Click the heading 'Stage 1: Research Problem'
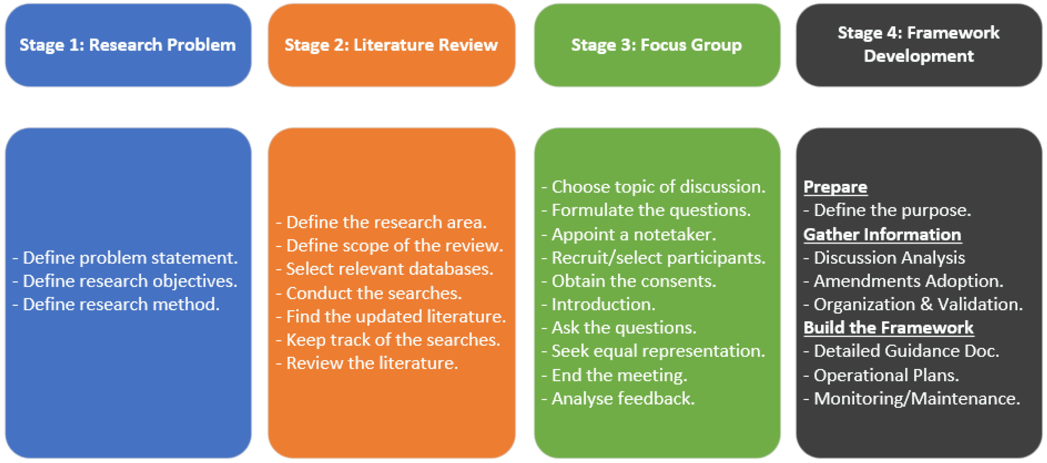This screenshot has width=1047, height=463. (128, 45)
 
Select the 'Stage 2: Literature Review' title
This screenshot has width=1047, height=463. (391, 45)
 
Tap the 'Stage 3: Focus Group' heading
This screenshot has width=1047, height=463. (656, 45)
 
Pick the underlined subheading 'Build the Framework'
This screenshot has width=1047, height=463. (889, 328)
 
